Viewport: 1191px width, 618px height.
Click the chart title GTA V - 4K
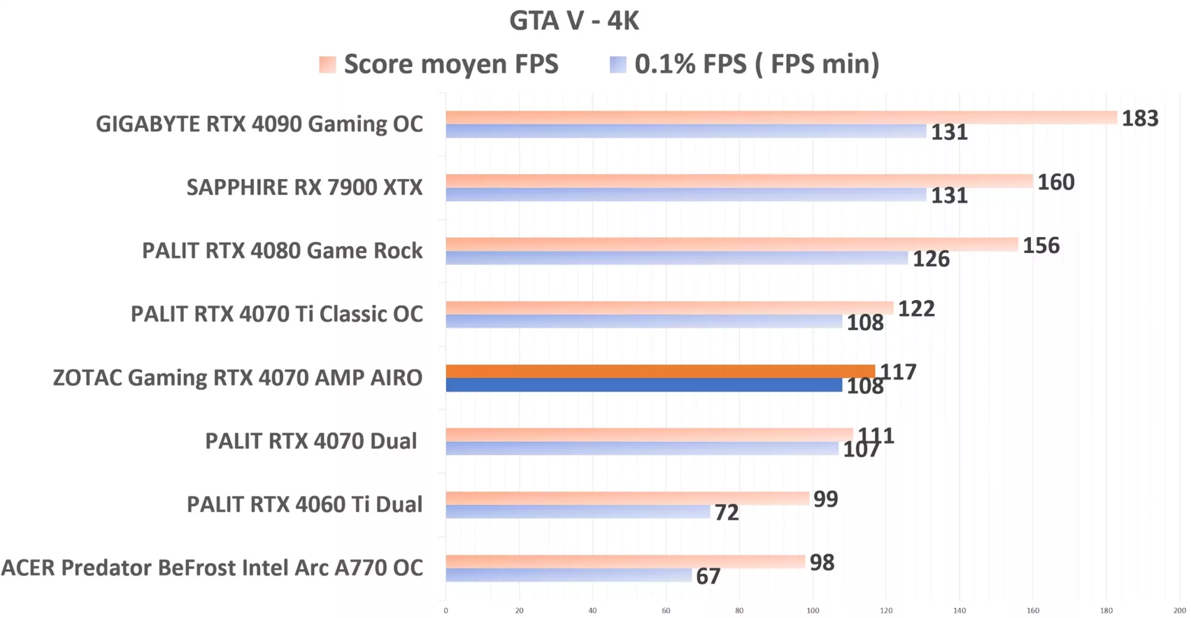click(x=574, y=21)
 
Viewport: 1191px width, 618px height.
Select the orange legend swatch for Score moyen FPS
click(x=327, y=64)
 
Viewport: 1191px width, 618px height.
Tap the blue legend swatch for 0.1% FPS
click(x=618, y=64)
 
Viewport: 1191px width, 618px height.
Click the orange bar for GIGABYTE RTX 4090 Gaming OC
click(x=781, y=117)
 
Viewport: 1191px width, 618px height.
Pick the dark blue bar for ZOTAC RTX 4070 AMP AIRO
click(x=644, y=385)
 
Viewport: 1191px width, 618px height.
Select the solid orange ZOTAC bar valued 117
click(x=660, y=371)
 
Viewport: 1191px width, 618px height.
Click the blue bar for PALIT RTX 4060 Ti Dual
click(x=577, y=512)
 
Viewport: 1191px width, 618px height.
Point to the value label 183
click(x=1140, y=119)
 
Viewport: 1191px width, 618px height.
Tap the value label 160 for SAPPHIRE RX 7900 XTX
click(x=1056, y=183)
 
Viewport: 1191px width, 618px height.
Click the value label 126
click(x=930, y=259)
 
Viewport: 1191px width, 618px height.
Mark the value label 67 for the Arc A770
click(x=708, y=576)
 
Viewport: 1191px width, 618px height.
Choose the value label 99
click(x=825, y=499)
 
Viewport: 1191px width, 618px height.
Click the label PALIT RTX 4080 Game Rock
click(x=282, y=251)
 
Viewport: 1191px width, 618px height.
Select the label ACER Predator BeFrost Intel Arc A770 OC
click(x=212, y=567)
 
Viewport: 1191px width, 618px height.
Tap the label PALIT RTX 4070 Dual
click(x=311, y=441)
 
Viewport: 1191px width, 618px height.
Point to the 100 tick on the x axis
click(x=812, y=610)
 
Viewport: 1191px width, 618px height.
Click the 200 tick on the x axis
click(x=1179, y=610)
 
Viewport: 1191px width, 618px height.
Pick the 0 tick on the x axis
click(x=446, y=610)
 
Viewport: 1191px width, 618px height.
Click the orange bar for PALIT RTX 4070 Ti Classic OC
click(x=669, y=308)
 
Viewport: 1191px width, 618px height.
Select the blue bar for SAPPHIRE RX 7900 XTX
click(x=686, y=195)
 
